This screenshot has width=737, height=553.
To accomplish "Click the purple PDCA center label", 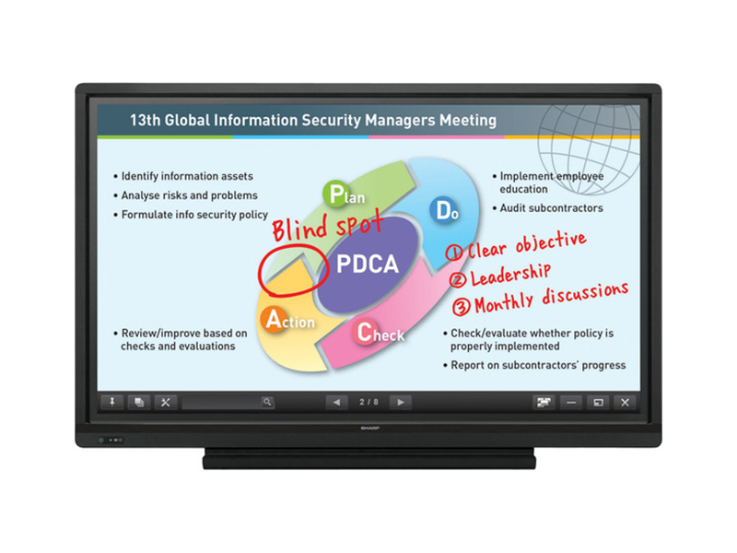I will pos(367,265).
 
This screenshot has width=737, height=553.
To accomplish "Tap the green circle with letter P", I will pos(333,194).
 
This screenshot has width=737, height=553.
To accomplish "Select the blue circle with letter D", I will pos(443,210).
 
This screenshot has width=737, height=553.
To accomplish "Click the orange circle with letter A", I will pos(274,319).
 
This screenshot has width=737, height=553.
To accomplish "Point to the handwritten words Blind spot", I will pos(310,225).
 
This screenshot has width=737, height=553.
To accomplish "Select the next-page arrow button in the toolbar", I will pos(400,402).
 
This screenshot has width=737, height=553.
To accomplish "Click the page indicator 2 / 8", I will pos(368,402).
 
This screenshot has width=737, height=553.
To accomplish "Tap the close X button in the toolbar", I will pos(625,402).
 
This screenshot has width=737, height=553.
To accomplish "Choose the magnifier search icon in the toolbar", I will pos(266,402).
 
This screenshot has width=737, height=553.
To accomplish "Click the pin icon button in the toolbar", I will pos(112,402).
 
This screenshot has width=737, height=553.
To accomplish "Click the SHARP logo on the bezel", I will pos(368,429).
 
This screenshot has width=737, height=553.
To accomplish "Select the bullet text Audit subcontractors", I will pos(551,208).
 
